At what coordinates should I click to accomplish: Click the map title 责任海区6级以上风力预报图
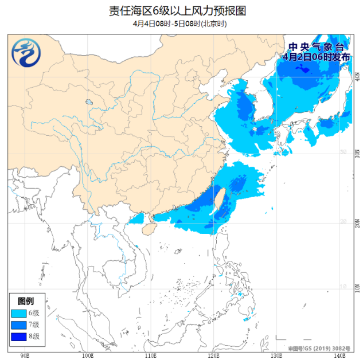[181, 11]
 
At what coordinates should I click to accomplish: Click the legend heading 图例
[26, 301]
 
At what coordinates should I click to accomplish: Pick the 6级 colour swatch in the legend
[18, 313]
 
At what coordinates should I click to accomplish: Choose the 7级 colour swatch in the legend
[18, 325]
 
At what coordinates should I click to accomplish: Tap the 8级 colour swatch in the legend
[18, 336]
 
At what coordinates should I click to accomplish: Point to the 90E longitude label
[25, 356]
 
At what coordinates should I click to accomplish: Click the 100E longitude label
[87, 356]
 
